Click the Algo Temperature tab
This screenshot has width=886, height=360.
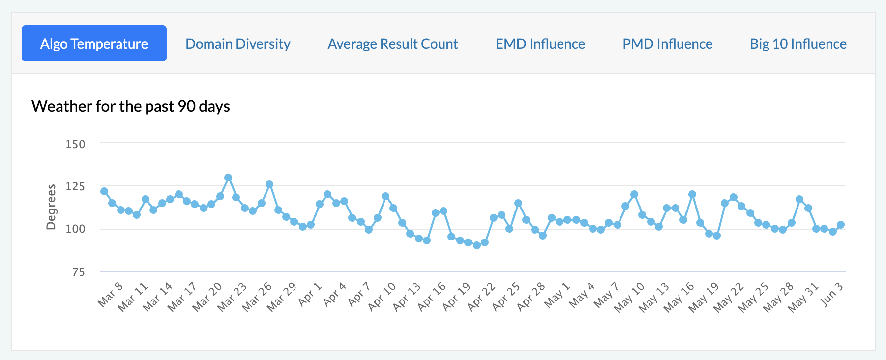pos(94,44)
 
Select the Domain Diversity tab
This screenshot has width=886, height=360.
pos(238,44)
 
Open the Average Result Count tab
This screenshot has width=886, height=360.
pos(393,44)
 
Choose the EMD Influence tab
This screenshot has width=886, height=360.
pos(540,44)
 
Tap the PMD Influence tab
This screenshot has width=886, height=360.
pos(667,44)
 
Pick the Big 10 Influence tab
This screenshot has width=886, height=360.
pos(798,44)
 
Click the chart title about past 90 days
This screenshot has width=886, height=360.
pos(131,106)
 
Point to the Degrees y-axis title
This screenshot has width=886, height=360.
pos(51,207)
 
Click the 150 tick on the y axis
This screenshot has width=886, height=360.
pos(75,144)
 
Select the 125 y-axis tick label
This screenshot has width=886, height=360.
pos(75,186)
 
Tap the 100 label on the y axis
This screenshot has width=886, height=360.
pos(75,229)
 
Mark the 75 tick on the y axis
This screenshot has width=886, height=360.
pos(78,272)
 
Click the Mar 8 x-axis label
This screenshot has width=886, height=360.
pos(110,295)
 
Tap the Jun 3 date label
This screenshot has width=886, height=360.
pos(832,295)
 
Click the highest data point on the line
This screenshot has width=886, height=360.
pos(228,178)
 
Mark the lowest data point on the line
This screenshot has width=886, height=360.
pos(477,245)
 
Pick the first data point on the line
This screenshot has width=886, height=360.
pos(104,191)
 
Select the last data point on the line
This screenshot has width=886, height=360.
pos(841,225)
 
